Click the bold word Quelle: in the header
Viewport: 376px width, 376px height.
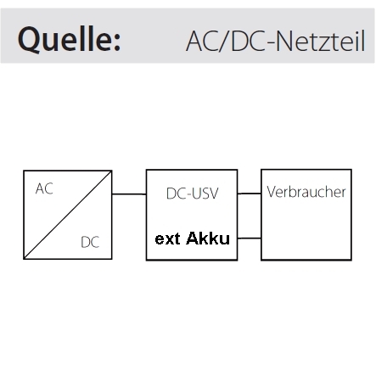[70, 38]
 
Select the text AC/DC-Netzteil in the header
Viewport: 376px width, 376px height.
[276, 42]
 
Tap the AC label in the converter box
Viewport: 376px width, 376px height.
[44, 188]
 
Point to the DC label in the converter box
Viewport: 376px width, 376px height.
[90, 242]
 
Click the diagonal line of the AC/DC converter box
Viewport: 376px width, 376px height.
[68, 215]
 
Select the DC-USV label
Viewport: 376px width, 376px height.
[193, 194]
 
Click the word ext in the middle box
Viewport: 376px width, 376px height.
[167, 239]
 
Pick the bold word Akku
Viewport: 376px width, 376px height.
[208, 239]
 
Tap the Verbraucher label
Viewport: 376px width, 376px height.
[306, 192]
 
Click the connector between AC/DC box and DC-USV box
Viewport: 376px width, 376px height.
[129, 194]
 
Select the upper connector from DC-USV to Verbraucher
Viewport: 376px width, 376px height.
[249, 194]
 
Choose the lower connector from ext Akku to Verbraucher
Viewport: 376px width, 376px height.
[249, 239]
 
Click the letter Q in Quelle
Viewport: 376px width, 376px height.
[29, 39]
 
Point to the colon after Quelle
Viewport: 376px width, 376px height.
[117, 43]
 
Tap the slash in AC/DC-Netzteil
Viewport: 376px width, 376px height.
[224, 42]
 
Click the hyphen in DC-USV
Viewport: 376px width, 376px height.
[188, 195]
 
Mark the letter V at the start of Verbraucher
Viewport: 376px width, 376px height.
[272, 192]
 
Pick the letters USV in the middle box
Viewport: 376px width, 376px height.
[205, 194]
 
